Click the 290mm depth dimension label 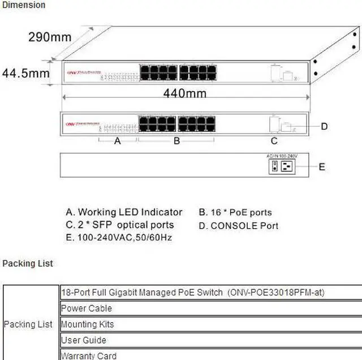(50, 37)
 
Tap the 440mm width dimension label (185, 93)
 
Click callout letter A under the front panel (118, 141)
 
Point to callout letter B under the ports (176, 141)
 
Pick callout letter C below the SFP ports (274, 141)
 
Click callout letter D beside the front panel (324, 126)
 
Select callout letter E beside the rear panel (322, 166)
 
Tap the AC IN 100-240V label (282, 156)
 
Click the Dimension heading (24, 5)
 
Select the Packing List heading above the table (28, 263)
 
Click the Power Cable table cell (87, 308)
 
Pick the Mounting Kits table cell (88, 324)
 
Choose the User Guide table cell (83, 340)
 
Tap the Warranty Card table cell (89, 355)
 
